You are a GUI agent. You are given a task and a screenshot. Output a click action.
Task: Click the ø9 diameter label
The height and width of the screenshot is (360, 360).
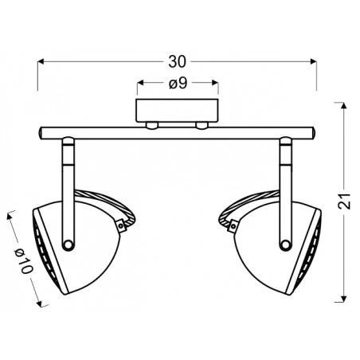177,82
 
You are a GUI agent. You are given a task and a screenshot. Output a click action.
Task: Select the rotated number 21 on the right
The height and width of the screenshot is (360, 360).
344,202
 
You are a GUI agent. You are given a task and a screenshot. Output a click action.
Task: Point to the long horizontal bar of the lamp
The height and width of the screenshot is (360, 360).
177,131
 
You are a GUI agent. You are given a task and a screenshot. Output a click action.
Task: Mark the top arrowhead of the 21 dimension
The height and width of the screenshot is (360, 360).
344,104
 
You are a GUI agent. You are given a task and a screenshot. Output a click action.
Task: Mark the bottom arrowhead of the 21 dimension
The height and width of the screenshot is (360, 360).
344,301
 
